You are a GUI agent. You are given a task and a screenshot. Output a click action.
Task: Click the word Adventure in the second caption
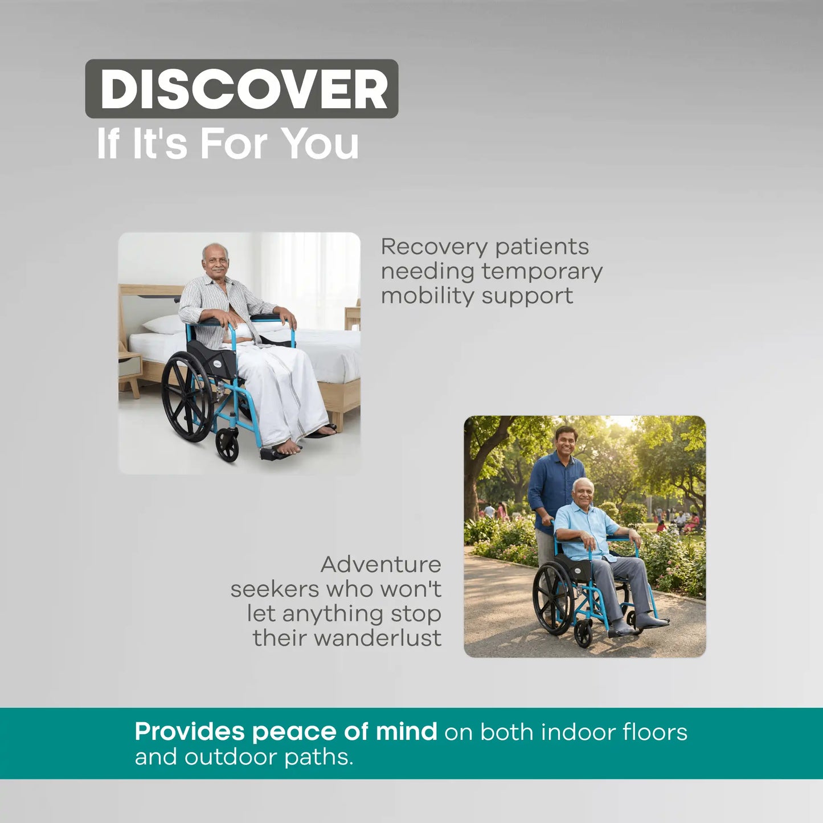point(380,564)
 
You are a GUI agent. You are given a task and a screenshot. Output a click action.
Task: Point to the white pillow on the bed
point(164,325)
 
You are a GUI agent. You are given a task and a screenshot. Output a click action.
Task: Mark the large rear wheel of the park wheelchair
point(552,597)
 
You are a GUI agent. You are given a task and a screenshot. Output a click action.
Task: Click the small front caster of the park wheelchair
point(583,634)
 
